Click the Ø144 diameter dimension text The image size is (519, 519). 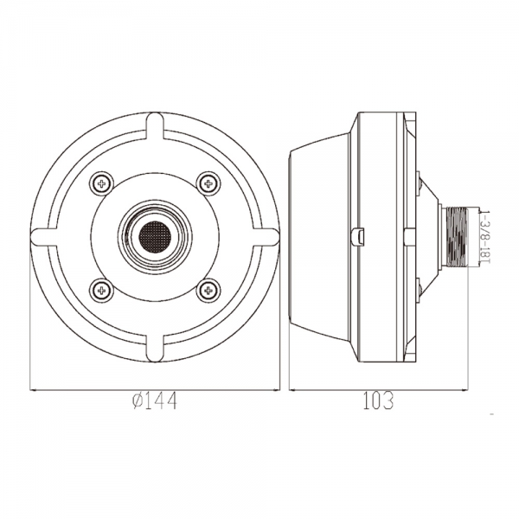(155, 400)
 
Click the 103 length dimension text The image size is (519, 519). (379, 400)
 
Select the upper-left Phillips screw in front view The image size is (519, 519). (101, 183)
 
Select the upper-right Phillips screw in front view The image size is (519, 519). (208, 183)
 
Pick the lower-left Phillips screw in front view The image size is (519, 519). (101, 291)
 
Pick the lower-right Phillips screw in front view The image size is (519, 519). (208, 291)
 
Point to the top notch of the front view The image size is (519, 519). (155, 125)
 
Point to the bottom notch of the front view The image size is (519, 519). (155, 349)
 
